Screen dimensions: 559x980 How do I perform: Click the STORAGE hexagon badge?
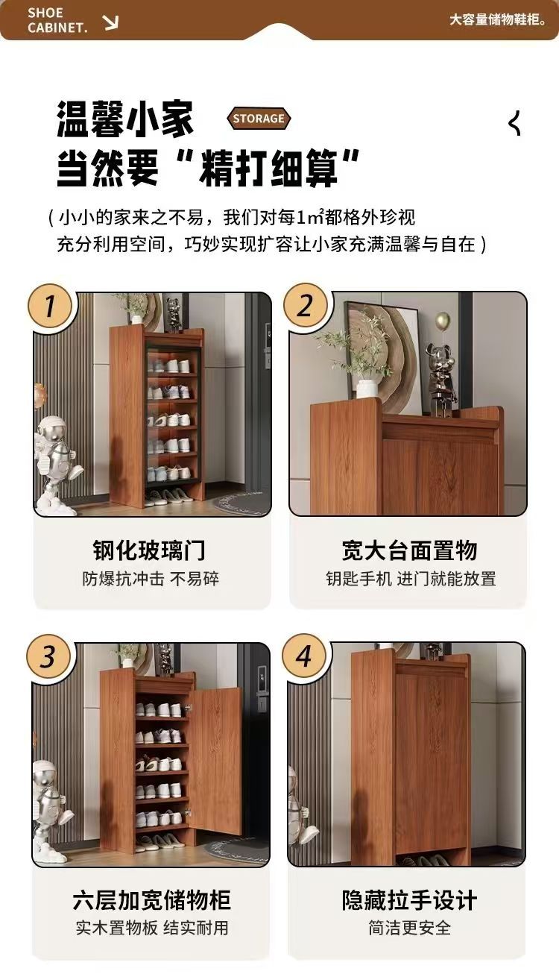coord(259,118)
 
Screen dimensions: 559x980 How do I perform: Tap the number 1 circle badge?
coord(49,306)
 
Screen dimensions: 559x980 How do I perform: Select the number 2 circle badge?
coord(305,305)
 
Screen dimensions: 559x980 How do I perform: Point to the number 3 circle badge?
coord(48,656)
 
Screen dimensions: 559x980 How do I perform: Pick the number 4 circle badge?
coord(304,656)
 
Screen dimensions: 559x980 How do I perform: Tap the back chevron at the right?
coord(515,123)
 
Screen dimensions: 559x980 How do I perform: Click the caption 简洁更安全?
coord(409,928)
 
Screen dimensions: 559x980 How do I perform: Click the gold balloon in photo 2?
coord(443,321)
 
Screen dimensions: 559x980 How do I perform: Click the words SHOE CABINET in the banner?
coord(57,20)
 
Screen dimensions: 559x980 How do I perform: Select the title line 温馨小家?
coord(125,119)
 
